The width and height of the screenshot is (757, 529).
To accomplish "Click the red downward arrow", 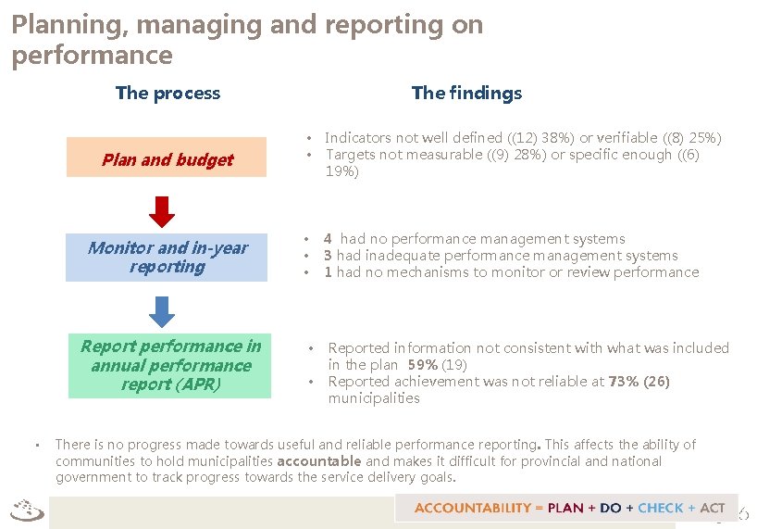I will click(x=162, y=212).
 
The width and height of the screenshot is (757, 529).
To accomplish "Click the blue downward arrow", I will click(x=162, y=311).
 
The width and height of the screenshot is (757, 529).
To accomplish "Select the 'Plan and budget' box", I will click(x=168, y=160).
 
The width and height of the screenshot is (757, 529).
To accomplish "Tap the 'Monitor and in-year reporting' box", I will click(x=168, y=258).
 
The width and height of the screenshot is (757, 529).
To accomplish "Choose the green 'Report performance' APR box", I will click(x=170, y=365).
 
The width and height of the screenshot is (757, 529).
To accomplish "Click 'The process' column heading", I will click(x=168, y=93).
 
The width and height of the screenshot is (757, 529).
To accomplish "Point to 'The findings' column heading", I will click(x=466, y=93).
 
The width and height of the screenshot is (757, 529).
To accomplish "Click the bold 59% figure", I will click(x=423, y=365).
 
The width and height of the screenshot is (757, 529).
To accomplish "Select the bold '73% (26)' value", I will click(x=639, y=382).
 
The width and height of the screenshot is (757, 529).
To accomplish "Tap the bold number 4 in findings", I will click(x=328, y=239).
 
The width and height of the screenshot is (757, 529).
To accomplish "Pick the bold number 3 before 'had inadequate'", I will click(x=328, y=256).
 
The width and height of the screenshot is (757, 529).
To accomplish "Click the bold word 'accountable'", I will click(x=319, y=461).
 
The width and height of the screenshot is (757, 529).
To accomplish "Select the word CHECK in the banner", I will click(x=660, y=508).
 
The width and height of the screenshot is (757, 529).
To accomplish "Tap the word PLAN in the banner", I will click(x=565, y=508).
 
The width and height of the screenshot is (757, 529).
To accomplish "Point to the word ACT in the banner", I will click(x=712, y=508).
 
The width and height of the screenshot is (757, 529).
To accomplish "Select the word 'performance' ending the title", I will click(x=92, y=56).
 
